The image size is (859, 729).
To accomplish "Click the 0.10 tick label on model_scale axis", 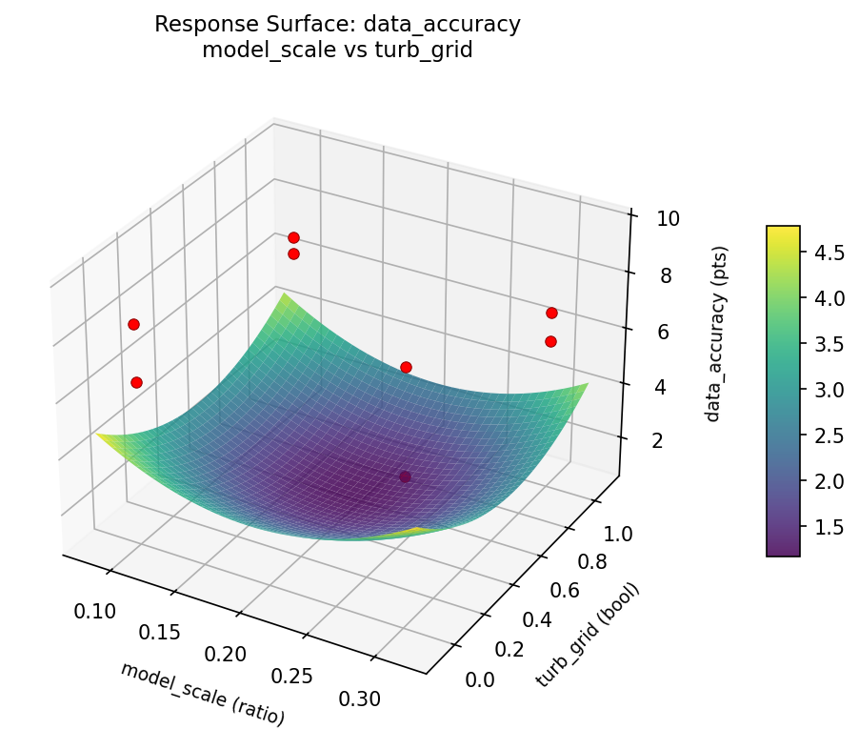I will (x=95, y=611).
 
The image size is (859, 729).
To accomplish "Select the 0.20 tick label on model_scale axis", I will (x=227, y=654).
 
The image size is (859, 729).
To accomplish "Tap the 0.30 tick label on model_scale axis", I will (x=360, y=698).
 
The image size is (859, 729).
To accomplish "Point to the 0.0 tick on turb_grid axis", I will (x=480, y=678).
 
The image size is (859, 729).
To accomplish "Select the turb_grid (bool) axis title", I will (x=589, y=634).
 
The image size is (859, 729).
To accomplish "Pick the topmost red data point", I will (x=293, y=237).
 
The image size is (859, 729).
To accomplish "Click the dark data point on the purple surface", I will (x=406, y=476).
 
